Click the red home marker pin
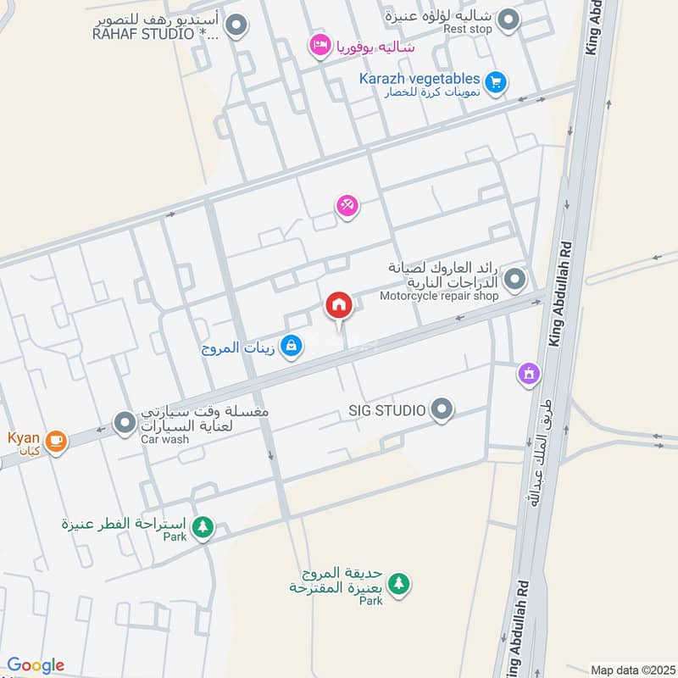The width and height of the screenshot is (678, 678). [x=338, y=306]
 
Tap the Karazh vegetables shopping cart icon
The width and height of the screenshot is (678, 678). [x=497, y=81]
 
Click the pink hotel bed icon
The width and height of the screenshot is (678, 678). [x=320, y=45]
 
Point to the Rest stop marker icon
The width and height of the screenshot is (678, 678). [x=508, y=19]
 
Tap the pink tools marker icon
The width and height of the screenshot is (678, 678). [x=347, y=205]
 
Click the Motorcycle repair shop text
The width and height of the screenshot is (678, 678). [x=439, y=296]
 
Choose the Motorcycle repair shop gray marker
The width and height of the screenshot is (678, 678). [x=514, y=278]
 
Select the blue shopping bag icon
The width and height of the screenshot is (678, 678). [x=291, y=346]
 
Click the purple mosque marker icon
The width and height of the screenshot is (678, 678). [x=530, y=372]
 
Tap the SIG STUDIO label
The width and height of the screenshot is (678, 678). [x=386, y=411]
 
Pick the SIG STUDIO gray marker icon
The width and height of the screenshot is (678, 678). [x=441, y=411]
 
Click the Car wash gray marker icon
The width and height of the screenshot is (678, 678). [x=125, y=421]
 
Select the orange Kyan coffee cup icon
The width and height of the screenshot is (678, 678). [x=56, y=440]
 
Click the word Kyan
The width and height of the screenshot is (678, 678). [x=24, y=437]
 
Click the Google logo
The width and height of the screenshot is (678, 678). [x=36, y=665]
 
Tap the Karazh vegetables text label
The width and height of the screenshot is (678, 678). [x=419, y=79]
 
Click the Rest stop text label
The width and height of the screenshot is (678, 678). [x=468, y=29]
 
